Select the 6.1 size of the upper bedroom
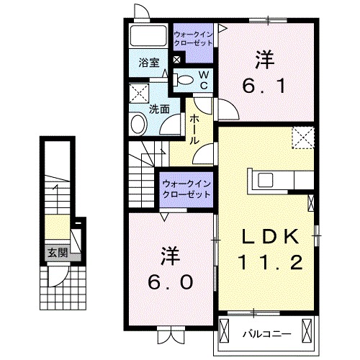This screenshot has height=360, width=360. pyautogui.click(x=267, y=86)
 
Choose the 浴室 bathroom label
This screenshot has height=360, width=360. pyautogui.click(x=149, y=63)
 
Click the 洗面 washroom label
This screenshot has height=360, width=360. pyautogui.click(x=159, y=109)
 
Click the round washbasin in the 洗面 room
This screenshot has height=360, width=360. pyautogui.click(x=138, y=125)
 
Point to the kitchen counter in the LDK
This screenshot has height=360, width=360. pyautogui.click(x=281, y=180)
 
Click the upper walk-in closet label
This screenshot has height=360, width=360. pyautogui.click(x=193, y=38)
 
